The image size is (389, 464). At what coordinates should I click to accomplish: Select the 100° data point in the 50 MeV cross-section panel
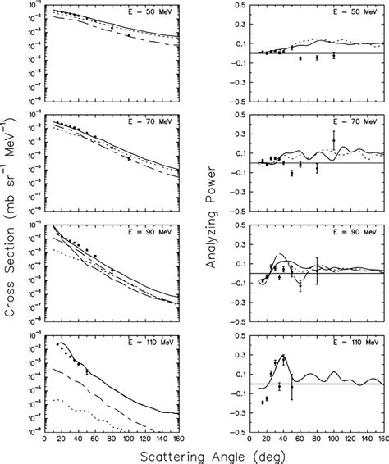(x=128, y=37)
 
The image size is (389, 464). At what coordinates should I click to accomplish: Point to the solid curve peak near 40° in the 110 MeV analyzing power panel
(x=284, y=356)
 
